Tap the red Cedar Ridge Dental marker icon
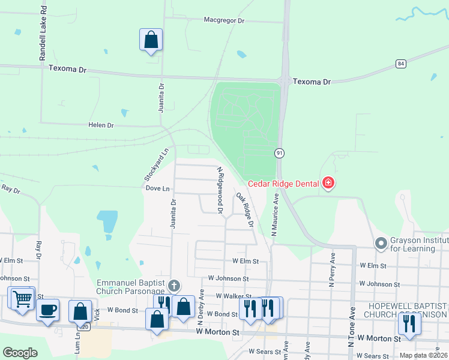click(328, 182)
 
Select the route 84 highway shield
click(401, 64)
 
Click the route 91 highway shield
click(280, 154)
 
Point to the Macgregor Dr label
click(225, 20)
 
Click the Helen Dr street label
click(101, 125)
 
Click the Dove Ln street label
click(158, 188)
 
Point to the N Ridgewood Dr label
click(220, 191)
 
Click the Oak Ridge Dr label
click(245, 209)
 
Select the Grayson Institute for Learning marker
click(380, 244)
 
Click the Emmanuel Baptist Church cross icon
click(174, 285)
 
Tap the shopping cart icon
click(22, 298)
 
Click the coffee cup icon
click(48, 310)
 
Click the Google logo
click(20, 353)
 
